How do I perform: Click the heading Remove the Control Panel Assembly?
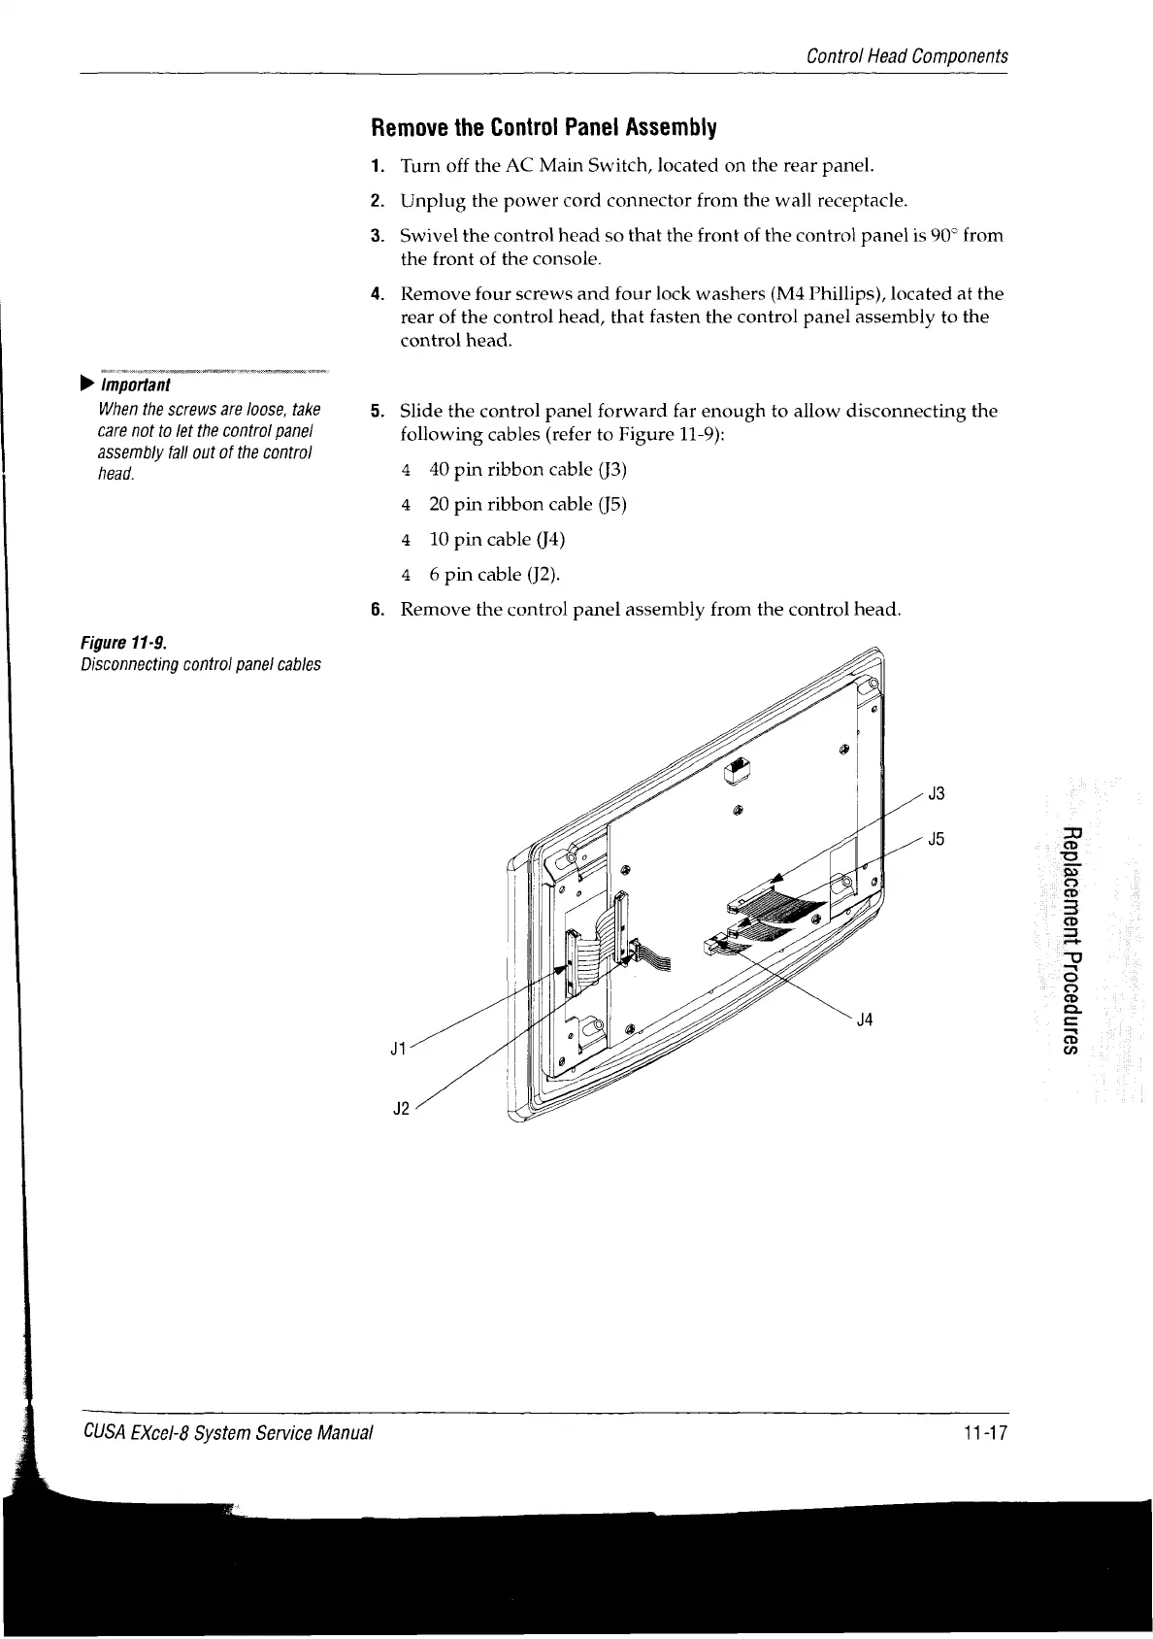544,128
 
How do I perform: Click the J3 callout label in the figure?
937,793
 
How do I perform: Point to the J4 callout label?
866,1020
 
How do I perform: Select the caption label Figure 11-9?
122,643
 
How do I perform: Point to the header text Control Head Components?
907,56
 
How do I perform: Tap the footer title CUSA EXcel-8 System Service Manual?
227,1431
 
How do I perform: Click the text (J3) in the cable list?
611,470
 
